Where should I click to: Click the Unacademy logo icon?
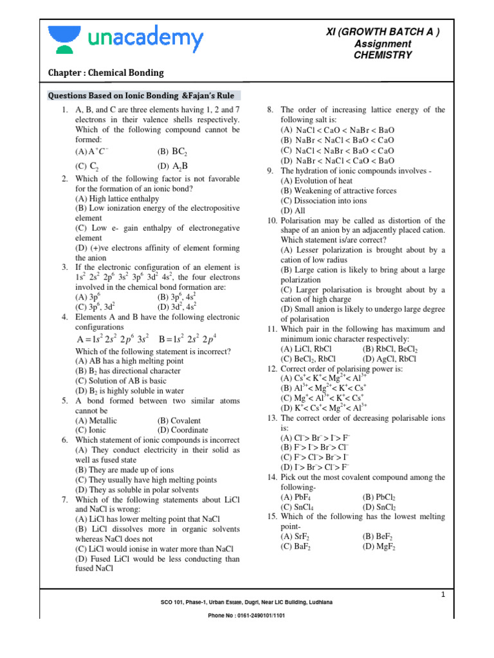[62, 40]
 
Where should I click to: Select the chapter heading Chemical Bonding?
[106, 73]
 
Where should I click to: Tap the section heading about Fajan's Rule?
[142, 95]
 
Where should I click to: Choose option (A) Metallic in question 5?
[96, 420]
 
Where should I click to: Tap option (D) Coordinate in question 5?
[183, 430]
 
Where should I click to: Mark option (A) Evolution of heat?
[316, 181]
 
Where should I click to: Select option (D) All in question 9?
[293, 210]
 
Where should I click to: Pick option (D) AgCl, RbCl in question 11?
[390, 359]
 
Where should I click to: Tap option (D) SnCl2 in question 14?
[380, 507]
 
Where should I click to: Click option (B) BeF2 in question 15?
[378, 536]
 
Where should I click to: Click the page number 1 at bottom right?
[443, 596]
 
